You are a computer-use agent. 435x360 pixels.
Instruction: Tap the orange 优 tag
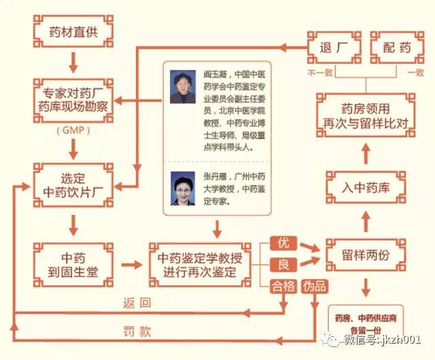284,242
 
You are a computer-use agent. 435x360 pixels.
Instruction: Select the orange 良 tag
284,264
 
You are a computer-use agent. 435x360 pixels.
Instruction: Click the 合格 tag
283,287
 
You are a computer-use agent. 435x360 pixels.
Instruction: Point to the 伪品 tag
313,287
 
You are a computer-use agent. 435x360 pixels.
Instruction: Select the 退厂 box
334,48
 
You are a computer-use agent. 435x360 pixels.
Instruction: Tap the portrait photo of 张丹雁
183,190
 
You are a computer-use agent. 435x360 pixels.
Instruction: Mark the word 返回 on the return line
137,302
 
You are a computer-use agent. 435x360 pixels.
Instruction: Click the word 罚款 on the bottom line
137,332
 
